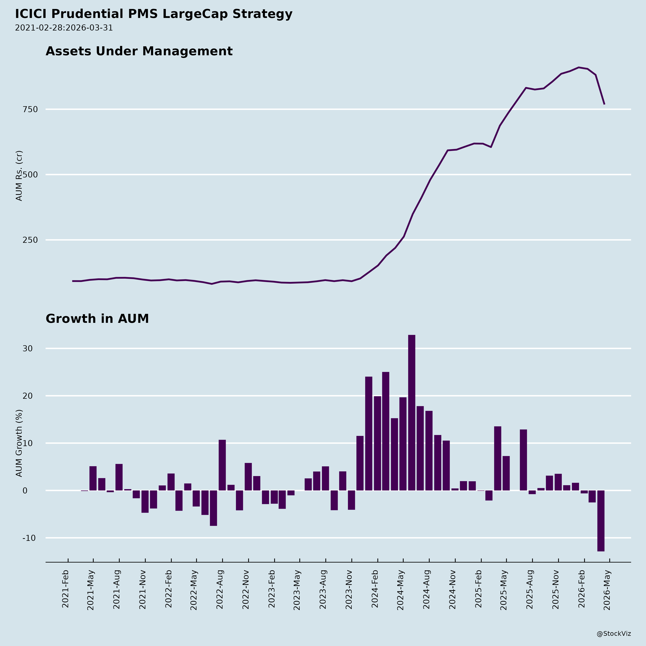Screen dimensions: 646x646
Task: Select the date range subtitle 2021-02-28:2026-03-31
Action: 64,28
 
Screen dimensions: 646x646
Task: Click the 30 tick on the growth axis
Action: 28,348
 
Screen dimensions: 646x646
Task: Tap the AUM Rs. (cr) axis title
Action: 19,175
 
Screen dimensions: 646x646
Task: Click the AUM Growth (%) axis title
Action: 19,443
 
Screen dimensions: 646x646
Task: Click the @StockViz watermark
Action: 614,634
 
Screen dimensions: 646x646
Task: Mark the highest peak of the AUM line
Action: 579,67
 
